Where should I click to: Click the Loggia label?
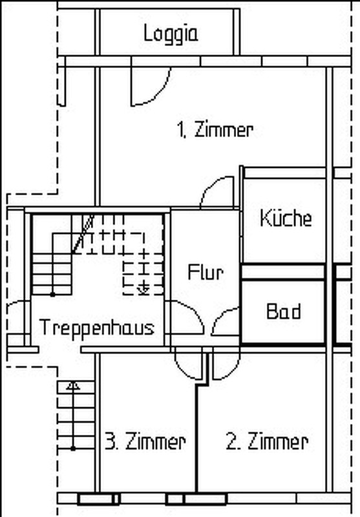(x=171, y=34)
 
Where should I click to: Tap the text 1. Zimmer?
(x=215, y=130)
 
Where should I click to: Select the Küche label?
(x=286, y=218)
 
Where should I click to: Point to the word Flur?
(x=206, y=272)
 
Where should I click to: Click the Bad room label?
(x=284, y=311)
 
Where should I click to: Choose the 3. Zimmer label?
(x=145, y=441)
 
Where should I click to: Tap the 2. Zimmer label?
(x=267, y=441)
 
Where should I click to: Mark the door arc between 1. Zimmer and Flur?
(x=207, y=185)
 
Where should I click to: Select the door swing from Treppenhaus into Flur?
(x=195, y=311)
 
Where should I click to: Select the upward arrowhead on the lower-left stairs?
(x=73, y=386)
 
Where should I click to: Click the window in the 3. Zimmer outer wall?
(x=99, y=498)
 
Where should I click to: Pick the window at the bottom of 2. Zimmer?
(x=196, y=498)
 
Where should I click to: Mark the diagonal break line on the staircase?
(x=83, y=234)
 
